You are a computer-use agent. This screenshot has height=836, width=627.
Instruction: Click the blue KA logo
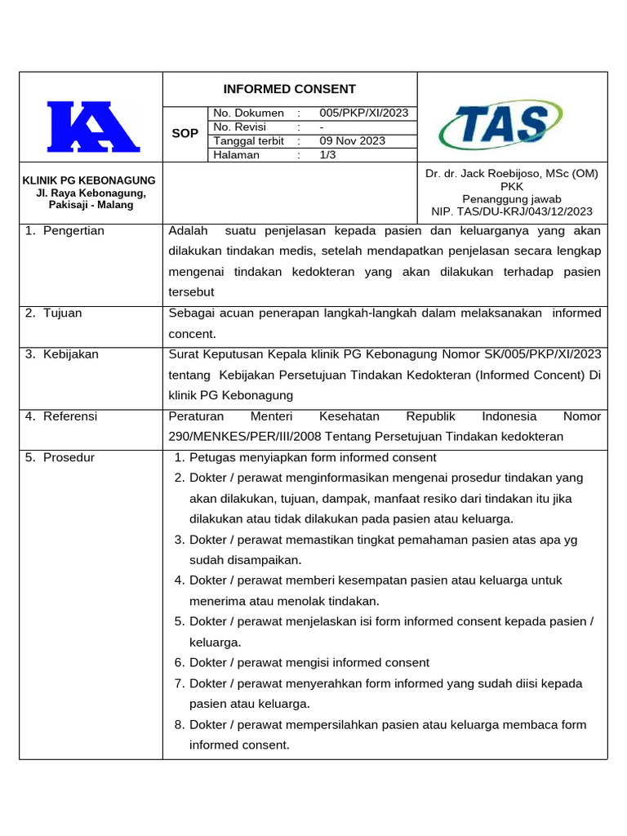(x=92, y=127)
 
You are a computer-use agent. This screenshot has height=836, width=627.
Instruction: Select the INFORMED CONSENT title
(x=290, y=89)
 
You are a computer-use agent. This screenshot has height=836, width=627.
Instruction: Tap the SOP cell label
(x=185, y=133)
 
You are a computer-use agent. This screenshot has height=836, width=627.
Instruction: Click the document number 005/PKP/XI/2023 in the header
(x=363, y=113)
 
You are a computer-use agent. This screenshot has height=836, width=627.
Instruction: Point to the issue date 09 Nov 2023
(x=352, y=140)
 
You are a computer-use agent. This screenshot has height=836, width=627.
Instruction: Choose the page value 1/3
(x=328, y=154)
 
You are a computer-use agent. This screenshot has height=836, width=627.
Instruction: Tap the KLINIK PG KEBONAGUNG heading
(x=90, y=180)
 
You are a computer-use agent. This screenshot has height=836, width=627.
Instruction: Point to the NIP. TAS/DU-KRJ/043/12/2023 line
(x=512, y=211)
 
